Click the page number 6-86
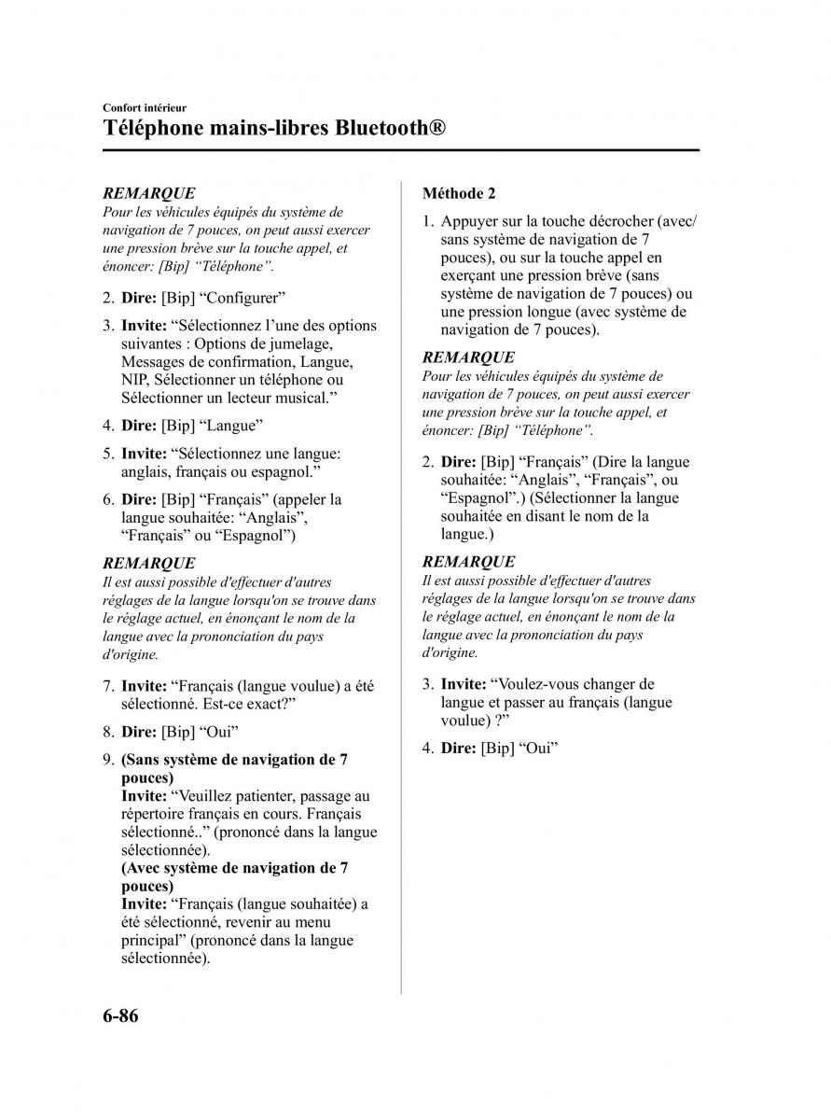(x=120, y=1015)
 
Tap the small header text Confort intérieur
(x=145, y=108)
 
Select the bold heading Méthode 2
(x=459, y=193)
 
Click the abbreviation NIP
(x=135, y=380)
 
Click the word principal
(x=151, y=940)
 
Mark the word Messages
(x=154, y=361)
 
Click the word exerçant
(x=473, y=275)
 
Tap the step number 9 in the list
(x=108, y=760)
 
